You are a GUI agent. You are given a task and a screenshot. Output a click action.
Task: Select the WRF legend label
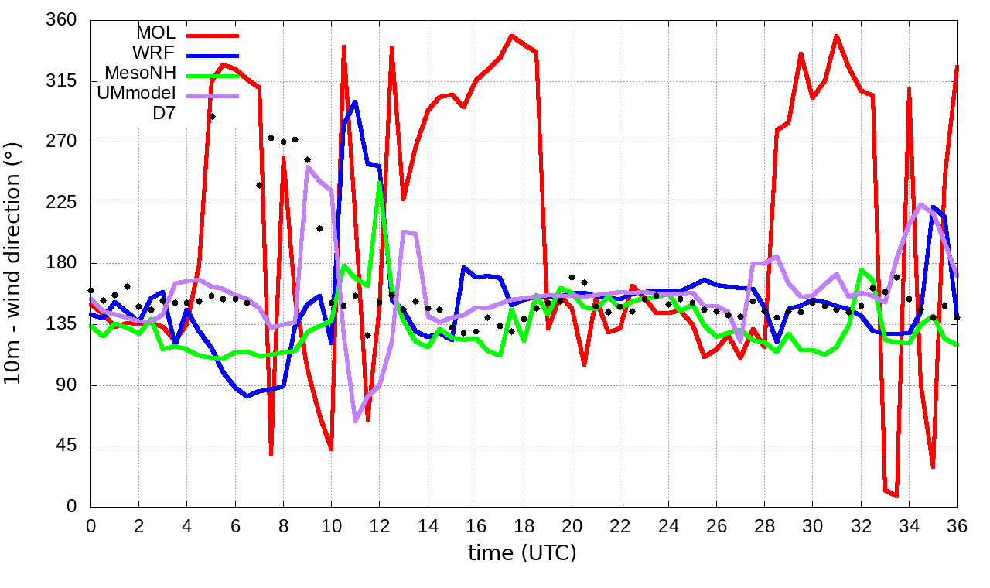155,53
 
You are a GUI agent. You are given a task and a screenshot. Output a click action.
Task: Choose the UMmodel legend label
137,94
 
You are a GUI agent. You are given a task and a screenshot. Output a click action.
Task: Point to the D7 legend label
164,114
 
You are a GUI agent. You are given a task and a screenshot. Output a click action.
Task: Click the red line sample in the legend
210,35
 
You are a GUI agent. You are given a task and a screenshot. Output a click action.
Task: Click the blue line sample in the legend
210,55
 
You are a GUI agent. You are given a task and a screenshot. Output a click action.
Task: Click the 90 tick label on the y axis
68,385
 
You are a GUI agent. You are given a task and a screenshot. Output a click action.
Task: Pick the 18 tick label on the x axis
524,524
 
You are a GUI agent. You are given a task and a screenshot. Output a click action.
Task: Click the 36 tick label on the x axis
957,524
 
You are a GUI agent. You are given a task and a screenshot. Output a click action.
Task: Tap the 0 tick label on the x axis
90,524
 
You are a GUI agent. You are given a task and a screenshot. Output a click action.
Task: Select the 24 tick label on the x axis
668,524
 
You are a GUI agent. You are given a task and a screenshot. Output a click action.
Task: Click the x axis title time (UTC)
522,553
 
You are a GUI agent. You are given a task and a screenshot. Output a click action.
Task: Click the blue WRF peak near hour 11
354,101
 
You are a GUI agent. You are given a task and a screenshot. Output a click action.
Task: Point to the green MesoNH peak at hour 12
379,183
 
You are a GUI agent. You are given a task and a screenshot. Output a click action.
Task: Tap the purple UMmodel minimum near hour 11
355,420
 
